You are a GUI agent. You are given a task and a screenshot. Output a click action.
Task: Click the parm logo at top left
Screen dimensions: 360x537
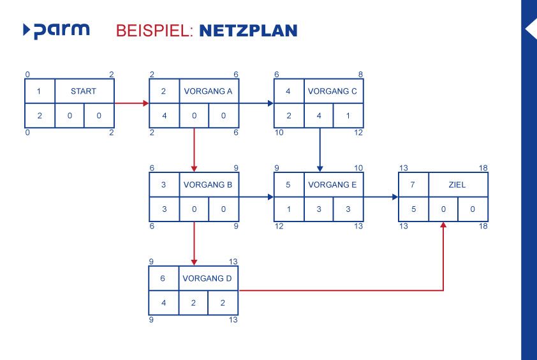(x=56, y=30)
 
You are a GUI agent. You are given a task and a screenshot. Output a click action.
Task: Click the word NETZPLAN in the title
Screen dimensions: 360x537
(x=248, y=30)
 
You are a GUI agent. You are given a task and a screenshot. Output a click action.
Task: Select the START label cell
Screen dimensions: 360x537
(x=84, y=91)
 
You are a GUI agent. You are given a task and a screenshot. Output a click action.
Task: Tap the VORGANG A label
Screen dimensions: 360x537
(x=209, y=91)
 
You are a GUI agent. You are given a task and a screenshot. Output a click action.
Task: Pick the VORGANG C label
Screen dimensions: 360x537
(x=333, y=91)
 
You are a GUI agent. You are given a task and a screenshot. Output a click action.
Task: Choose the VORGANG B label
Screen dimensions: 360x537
(x=209, y=185)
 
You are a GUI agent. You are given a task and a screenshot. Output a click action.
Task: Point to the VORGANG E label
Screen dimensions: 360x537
(x=333, y=185)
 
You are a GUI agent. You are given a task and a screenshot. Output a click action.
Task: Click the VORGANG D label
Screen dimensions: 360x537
(x=209, y=279)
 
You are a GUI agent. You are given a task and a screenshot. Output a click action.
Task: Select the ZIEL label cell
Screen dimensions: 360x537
(x=457, y=185)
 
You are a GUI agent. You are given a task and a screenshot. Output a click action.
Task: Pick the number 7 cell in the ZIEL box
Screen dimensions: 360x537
(x=413, y=185)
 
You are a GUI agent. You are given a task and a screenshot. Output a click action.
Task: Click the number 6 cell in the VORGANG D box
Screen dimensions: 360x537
(x=163, y=279)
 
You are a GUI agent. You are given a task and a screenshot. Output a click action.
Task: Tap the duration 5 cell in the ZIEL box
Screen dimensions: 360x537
(x=413, y=209)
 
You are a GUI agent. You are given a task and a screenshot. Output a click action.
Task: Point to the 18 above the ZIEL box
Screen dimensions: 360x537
(x=483, y=168)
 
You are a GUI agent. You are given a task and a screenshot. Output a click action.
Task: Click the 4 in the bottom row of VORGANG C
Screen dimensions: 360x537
(x=318, y=116)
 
